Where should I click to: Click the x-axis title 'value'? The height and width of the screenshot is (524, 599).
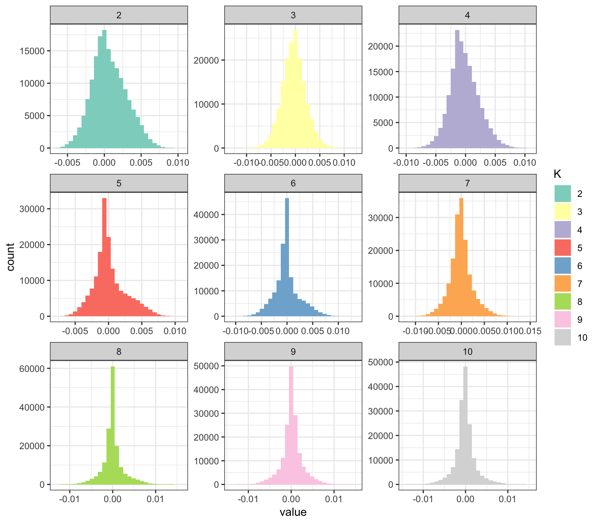click(293, 512)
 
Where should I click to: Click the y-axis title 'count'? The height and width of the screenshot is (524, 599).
click(11, 257)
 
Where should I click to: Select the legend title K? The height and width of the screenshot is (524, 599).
click(557, 174)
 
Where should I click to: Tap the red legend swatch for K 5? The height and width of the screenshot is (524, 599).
click(562, 248)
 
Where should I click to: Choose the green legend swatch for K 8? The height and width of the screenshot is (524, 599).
click(562, 301)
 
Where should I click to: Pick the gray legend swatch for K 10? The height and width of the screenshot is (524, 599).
click(562, 337)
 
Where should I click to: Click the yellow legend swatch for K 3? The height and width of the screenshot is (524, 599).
click(562, 212)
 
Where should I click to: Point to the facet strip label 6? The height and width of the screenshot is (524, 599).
click(293, 183)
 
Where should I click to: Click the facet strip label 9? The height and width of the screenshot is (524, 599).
click(293, 352)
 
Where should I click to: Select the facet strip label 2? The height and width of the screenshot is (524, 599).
click(119, 15)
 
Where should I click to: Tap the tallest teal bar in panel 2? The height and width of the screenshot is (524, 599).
click(105, 90)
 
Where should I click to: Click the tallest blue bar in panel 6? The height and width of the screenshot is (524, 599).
click(287, 257)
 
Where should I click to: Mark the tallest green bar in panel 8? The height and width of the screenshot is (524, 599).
click(113, 425)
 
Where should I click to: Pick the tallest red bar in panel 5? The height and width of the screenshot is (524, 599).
click(104, 257)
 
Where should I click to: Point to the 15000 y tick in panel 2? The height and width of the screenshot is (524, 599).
click(34, 51)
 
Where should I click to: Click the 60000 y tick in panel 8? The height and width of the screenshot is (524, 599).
click(34, 368)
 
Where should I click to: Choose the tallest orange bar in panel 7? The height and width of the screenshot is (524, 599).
click(461, 257)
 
